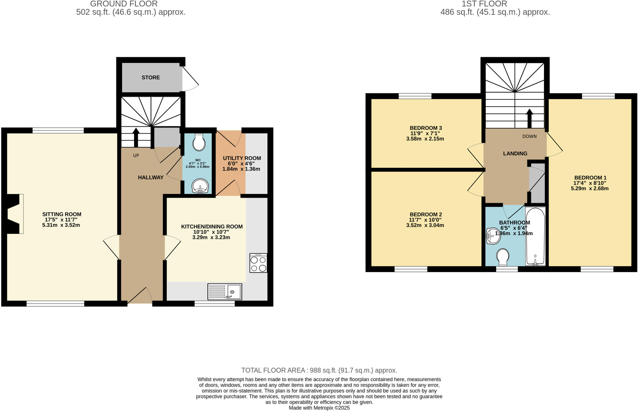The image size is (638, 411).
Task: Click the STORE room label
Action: pyautogui.click(x=150, y=77)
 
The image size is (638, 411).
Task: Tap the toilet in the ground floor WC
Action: pyautogui.click(x=199, y=143)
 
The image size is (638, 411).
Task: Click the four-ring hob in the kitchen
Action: pyautogui.click(x=258, y=263)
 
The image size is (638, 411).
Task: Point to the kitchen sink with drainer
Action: pyautogui.click(x=225, y=292)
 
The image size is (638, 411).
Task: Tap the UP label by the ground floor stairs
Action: pyautogui.click(x=136, y=155)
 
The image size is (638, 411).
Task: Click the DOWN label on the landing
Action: pyautogui.click(x=529, y=136)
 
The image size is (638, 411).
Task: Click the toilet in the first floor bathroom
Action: pyautogui.click(x=502, y=257)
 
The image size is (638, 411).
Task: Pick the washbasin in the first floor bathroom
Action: pyautogui.click(x=493, y=236)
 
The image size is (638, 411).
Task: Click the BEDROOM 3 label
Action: pyautogui.click(x=426, y=128)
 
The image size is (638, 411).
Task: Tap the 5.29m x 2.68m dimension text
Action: pyautogui.click(x=589, y=188)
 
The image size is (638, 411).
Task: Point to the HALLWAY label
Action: pyautogui.click(x=150, y=177)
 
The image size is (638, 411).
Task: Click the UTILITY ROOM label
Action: pyautogui.click(x=242, y=158)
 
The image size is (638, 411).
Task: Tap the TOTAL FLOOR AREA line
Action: pyautogui.click(x=319, y=370)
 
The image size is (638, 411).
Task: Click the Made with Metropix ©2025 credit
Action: pyautogui.click(x=319, y=408)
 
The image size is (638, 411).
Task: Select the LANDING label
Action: pyautogui.click(x=515, y=153)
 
